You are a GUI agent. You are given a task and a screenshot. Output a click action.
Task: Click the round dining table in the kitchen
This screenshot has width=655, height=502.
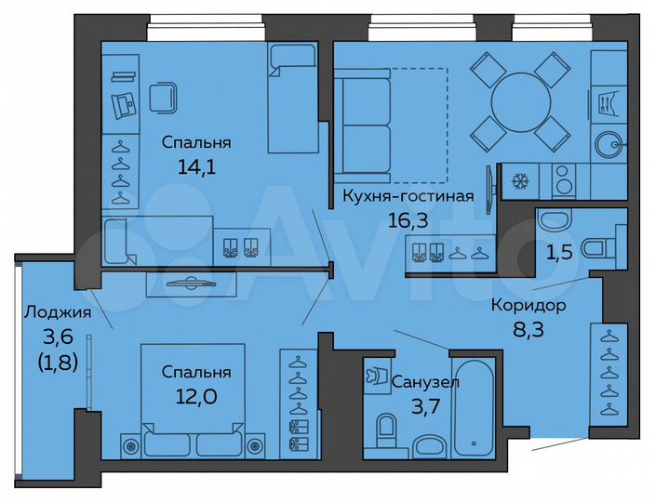pos(520,97)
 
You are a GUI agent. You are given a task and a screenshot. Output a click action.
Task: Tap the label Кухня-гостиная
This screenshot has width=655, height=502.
pos(408,196)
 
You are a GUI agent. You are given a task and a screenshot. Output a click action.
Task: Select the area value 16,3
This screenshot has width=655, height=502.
pos(408,220)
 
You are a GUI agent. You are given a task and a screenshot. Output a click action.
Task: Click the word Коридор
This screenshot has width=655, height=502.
pos(528,304)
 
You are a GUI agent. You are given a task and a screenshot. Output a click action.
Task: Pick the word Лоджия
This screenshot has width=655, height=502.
pos(58,312)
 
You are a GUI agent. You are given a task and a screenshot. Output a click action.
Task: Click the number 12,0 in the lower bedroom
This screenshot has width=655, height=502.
pos(196,395)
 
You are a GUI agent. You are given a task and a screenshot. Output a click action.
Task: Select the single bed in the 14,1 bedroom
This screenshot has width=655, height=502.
pos(293,97)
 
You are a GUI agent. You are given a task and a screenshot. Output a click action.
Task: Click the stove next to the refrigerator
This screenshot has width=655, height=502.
pos(564,180)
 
